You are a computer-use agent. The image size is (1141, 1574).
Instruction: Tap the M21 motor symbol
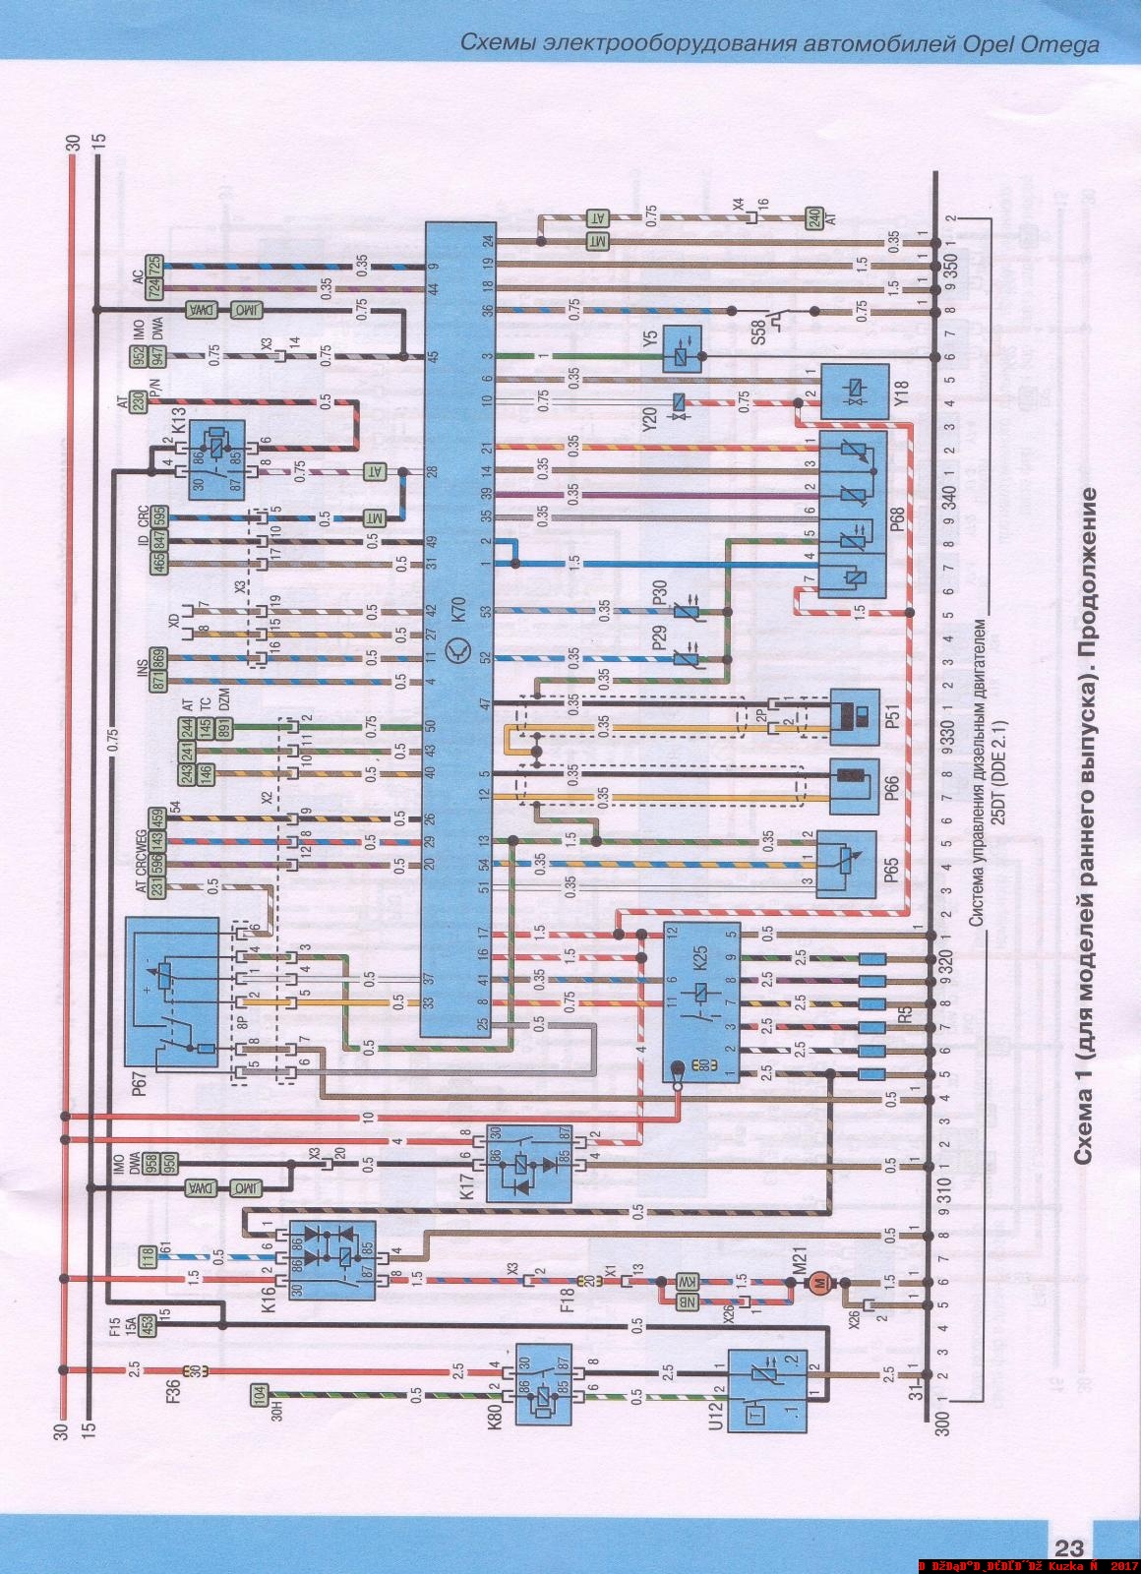(x=815, y=1281)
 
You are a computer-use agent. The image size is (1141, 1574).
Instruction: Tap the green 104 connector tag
(x=259, y=1393)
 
